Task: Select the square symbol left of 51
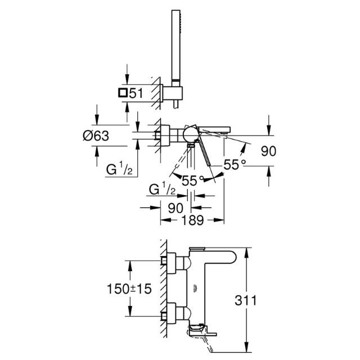122,94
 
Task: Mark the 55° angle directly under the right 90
235,165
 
